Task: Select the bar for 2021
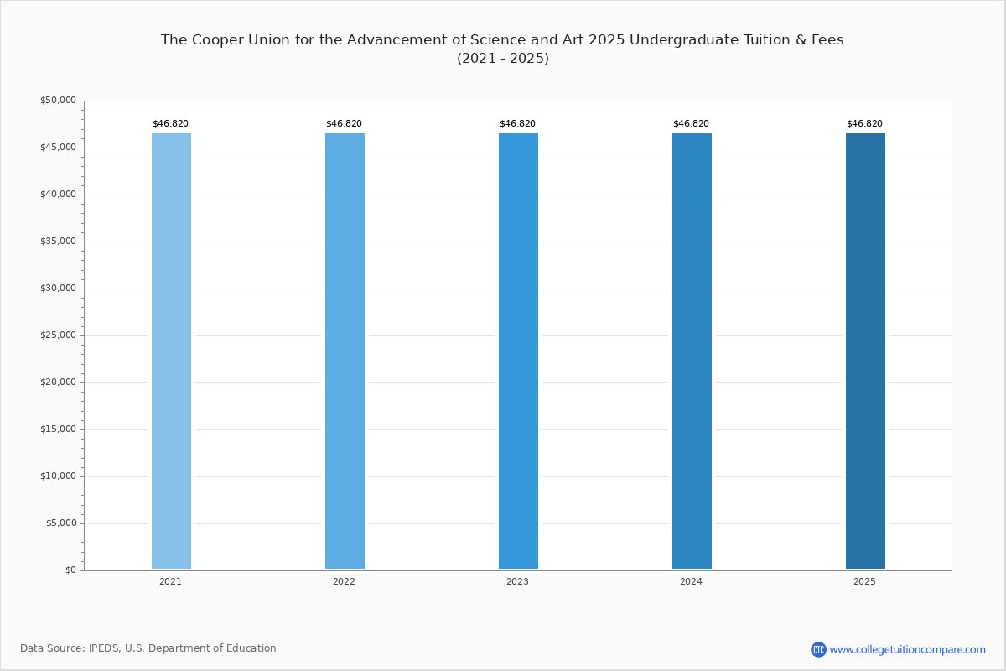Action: tap(171, 351)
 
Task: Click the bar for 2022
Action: tap(345, 351)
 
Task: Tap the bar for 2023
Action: tap(518, 351)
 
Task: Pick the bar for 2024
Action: tap(692, 351)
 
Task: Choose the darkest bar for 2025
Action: tap(865, 351)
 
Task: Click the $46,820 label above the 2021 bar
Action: tap(171, 123)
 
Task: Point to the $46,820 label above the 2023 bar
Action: tap(518, 123)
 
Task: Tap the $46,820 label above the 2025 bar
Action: tap(864, 123)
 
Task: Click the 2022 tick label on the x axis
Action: tap(344, 581)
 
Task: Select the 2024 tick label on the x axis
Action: tap(691, 581)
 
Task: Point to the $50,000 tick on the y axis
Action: tap(59, 100)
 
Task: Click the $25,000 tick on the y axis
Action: tap(59, 335)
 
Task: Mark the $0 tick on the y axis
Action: tap(71, 570)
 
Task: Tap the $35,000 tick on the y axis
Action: tap(59, 242)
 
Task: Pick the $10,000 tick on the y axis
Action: tap(59, 476)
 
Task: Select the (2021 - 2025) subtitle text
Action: tap(503, 59)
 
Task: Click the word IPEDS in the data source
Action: tap(104, 648)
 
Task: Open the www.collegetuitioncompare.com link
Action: tap(908, 649)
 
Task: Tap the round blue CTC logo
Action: tap(819, 649)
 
